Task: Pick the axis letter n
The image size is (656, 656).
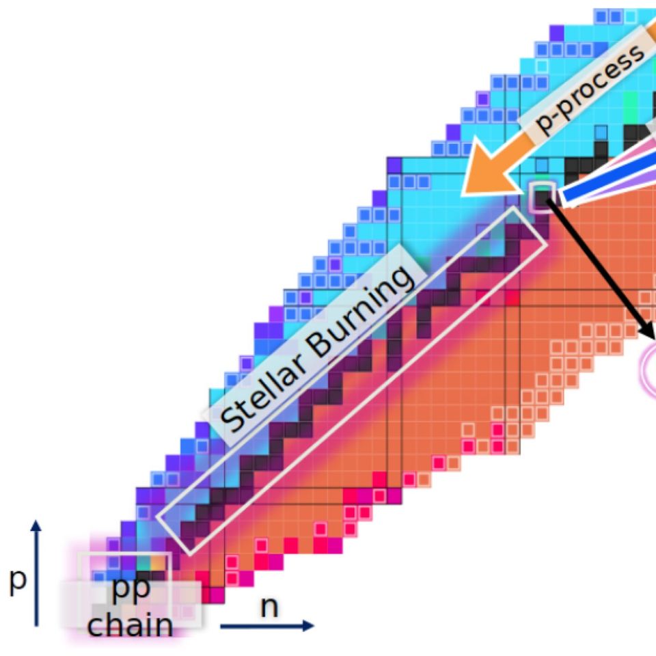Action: click(269, 606)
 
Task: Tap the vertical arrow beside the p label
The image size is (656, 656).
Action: click(37, 574)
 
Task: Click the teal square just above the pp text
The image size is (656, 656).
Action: click(143, 562)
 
